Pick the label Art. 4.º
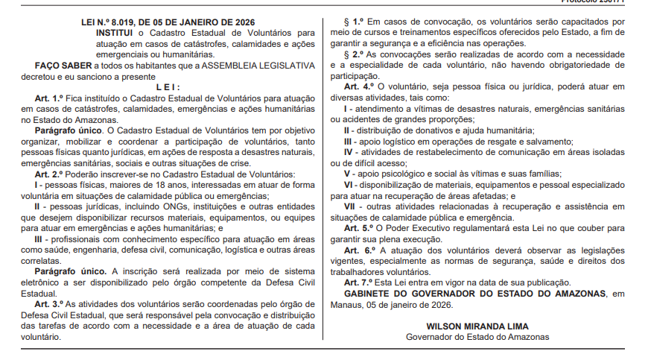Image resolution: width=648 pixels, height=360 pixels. [x=359, y=87]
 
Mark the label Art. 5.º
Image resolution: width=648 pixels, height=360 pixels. [x=359, y=228]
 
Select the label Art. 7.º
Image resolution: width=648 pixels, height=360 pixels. [x=359, y=282]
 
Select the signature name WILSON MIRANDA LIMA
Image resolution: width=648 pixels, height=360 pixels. [x=477, y=326]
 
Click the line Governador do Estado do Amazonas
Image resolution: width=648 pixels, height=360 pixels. [x=477, y=337]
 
